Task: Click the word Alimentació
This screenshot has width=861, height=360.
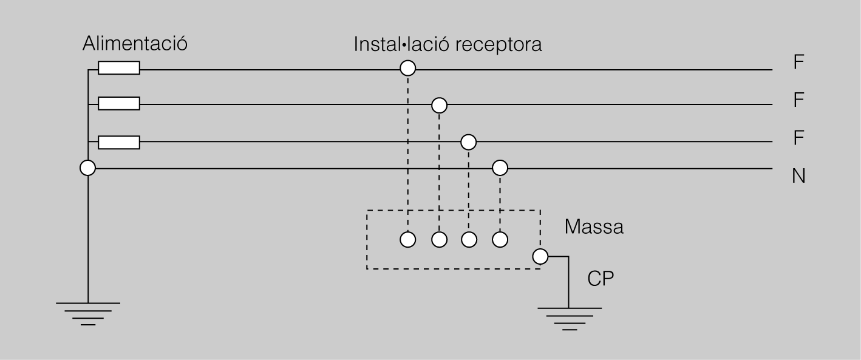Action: point(134,44)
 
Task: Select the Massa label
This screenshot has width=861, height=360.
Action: point(593,228)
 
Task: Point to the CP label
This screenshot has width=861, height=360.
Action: point(601,279)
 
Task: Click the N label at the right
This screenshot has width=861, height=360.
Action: point(798,177)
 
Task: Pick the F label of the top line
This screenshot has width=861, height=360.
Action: point(798,62)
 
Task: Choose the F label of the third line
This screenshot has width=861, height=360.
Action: point(798,138)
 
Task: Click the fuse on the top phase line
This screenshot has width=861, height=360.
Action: point(119,68)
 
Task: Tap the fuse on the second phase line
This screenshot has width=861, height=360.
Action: point(119,104)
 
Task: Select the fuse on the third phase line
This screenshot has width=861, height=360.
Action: point(119,143)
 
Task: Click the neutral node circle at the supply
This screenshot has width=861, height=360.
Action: point(88,168)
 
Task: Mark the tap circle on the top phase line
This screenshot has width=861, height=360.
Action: point(408,68)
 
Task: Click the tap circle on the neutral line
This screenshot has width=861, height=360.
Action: point(500,167)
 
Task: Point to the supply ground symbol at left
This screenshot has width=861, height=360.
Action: point(88,313)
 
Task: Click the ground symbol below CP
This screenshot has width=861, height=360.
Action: point(569,318)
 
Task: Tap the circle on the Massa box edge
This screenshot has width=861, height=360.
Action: point(540,257)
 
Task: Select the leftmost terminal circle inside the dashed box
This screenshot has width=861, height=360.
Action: point(408,240)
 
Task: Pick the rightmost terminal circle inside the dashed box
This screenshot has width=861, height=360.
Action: point(500,240)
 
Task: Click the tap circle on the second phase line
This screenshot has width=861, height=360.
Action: point(439,106)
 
